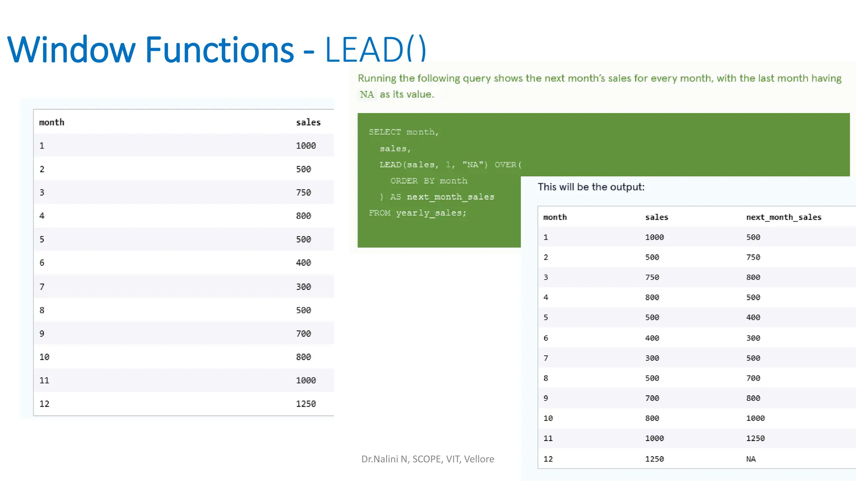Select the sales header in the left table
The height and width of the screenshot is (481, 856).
(x=308, y=122)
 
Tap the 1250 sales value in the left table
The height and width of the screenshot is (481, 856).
(x=306, y=404)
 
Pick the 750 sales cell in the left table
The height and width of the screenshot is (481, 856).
(x=303, y=192)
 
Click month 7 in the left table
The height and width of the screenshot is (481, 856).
(x=42, y=287)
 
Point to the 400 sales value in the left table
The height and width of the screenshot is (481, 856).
(x=303, y=263)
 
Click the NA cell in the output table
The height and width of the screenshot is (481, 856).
(x=751, y=459)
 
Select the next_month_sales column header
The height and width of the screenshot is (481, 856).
(x=784, y=217)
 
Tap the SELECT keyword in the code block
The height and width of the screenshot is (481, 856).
(x=385, y=132)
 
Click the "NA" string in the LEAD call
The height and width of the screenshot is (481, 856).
(x=475, y=165)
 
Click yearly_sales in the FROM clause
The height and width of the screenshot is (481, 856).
(x=431, y=213)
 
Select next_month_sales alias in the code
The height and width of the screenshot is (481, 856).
(x=450, y=197)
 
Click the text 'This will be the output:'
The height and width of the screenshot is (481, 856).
(x=591, y=187)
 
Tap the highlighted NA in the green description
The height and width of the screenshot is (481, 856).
(x=367, y=94)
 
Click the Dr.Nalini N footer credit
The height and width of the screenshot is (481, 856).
(x=427, y=459)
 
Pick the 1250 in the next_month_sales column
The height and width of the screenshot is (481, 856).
(x=755, y=438)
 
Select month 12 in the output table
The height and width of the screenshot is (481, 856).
(x=548, y=459)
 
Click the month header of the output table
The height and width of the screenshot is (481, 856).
(x=555, y=217)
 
